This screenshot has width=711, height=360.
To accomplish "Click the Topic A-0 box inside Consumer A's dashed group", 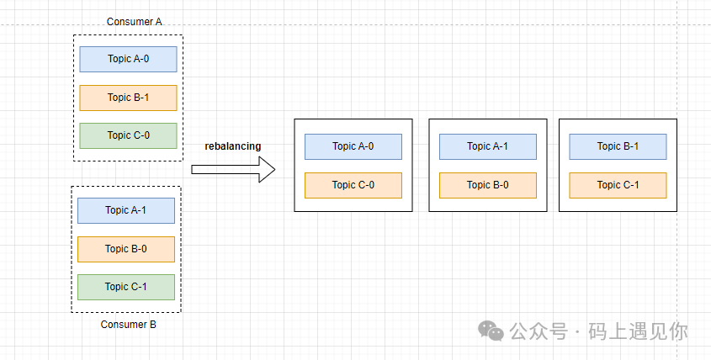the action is click(x=129, y=59).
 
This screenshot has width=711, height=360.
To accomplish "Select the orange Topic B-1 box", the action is click(x=129, y=98).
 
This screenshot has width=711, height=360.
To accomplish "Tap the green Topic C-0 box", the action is click(x=129, y=135).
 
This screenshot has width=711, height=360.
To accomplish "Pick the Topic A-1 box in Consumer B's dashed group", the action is click(x=126, y=210).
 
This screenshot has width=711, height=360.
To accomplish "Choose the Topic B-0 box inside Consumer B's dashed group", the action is click(x=126, y=249).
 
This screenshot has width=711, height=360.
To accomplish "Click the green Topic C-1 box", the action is click(x=126, y=287).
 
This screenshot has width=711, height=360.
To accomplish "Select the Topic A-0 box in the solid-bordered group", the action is click(x=353, y=146).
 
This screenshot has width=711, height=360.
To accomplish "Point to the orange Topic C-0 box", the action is click(x=353, y=185).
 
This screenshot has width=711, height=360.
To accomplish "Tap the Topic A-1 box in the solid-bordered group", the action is click(x=488, y=146).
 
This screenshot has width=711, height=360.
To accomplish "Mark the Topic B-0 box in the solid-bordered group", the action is click(x=488, y=185).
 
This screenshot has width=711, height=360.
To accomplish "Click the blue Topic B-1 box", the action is click(x=618, y=146).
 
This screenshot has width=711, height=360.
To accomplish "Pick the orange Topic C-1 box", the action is click(x=618, y=185).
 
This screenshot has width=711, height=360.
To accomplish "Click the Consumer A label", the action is click(x=135, y=22).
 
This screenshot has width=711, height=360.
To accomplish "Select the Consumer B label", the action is click(x=129, y=325).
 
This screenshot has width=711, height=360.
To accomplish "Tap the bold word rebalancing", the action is click(x=232, y=146).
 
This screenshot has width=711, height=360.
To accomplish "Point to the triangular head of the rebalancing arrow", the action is click(x=267, y=170).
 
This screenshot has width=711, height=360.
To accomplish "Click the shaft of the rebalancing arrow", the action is click(x=226, y=170).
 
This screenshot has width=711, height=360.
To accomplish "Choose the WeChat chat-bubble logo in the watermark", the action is click(x=491, y=331).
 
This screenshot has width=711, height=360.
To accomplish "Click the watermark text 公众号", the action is click(x=539, y=331).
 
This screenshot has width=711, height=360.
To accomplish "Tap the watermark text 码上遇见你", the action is click(x=638, y=331).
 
